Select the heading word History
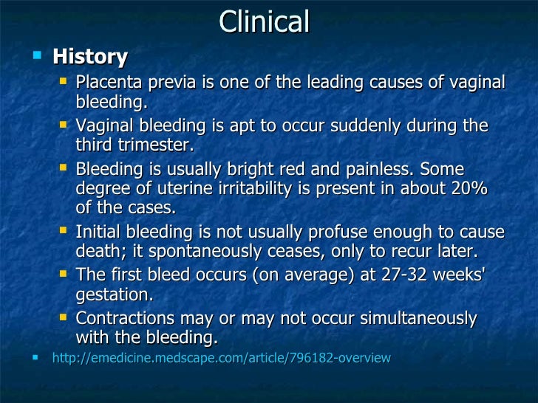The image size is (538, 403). [x=90, y=57]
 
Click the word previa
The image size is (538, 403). [x=176, y=83]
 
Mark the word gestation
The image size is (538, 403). [x=114, y=294]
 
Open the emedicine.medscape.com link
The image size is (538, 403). [x=221, y=359]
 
